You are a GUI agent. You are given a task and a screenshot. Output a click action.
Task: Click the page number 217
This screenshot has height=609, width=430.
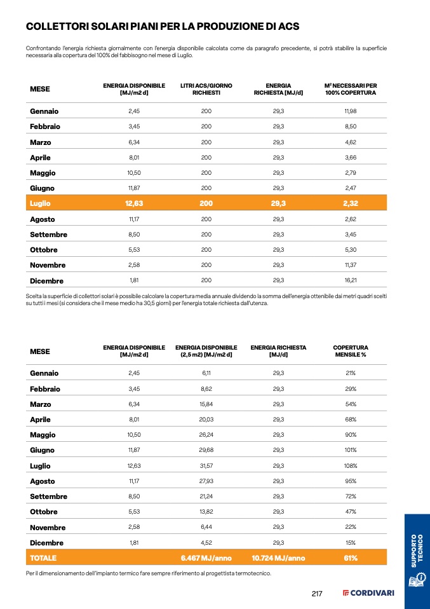(317, 594)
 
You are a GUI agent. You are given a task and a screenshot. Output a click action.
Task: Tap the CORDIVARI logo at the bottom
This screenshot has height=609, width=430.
(368, 594)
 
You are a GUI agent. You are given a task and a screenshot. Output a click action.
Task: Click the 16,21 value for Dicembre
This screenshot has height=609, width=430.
(351, 280)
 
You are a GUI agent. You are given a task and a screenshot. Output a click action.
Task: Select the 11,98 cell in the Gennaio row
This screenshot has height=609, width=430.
(351, 111)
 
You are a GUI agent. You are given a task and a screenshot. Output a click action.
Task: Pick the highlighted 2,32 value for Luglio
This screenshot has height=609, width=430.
(351, 203)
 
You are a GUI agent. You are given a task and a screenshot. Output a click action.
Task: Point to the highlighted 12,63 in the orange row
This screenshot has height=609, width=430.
(134, 203)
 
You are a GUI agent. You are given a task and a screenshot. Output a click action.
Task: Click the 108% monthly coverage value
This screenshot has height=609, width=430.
(351, 466)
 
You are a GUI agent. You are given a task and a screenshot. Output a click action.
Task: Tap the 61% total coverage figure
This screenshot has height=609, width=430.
(351, 558)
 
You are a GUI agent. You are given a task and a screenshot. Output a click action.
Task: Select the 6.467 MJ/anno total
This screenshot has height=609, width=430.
(206, 558)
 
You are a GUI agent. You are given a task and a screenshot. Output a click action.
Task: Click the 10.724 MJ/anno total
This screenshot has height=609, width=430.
(278, 558)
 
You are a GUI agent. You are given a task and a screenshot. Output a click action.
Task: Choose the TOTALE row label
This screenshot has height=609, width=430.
(43, 558)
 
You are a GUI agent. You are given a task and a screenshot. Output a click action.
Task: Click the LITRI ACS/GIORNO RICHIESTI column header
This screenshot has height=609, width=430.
(206, 89)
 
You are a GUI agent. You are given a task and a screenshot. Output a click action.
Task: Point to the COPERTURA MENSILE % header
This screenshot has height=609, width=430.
(351, 351)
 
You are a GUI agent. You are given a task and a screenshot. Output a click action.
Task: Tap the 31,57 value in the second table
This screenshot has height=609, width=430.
(206, 466)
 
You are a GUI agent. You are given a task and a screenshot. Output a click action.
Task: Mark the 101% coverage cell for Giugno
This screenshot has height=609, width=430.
(351, 451)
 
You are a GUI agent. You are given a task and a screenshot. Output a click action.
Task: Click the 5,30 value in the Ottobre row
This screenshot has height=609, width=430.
(351, 250)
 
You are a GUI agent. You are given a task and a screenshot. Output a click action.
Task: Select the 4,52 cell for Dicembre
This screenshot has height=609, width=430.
(206, 543)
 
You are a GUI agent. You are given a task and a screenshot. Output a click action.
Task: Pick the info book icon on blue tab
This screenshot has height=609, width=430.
(416, 580)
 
